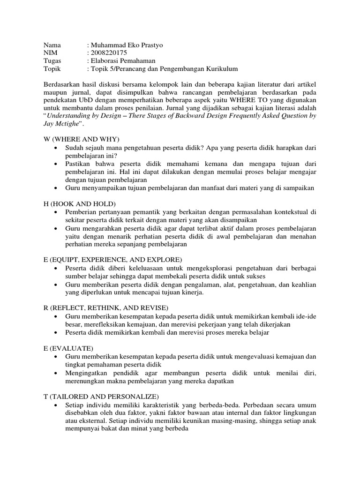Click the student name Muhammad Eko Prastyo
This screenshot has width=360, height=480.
tap(126, 45)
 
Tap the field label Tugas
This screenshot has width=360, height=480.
tap(52, 61)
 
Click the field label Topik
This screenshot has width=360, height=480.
tap(52, 69)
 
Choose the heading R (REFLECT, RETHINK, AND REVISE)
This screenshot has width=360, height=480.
tap(105, 307)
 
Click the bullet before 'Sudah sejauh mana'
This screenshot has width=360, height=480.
tap(56, 148)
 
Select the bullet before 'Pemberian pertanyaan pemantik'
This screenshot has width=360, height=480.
tap(56, 212)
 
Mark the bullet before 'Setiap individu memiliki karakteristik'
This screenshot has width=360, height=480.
tap(56, 405)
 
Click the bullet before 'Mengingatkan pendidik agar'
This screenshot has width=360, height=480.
tap(56, 373)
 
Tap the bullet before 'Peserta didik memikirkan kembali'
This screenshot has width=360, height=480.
tap(56, 332)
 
